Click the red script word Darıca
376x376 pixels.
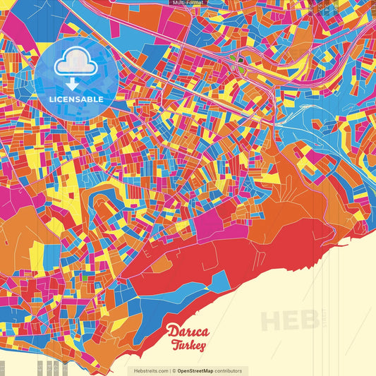188,332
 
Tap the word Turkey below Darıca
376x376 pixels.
188,346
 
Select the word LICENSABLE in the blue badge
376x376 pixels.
76,99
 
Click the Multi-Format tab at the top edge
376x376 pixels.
188,3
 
